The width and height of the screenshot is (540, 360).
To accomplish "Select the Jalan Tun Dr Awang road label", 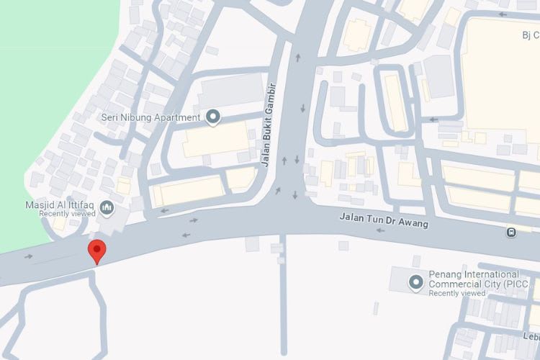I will click(384, 220).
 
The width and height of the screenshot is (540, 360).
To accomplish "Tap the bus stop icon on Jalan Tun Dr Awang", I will click(510, 232).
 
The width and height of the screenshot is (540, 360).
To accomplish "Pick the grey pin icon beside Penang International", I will click(415, 282).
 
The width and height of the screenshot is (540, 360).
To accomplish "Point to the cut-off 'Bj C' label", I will click(530, 35).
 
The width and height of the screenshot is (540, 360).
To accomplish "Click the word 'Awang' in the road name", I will click(413, 223).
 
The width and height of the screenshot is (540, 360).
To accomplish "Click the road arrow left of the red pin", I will click(29, 256).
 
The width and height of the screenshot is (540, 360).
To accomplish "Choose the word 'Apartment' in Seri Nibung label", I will click(181, 117).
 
